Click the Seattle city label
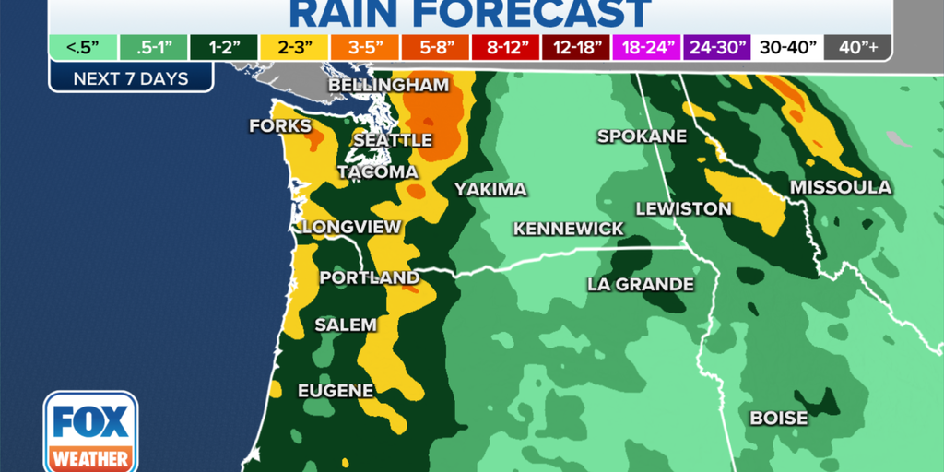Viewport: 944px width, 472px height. point(394,140)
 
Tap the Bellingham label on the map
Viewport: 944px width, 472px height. point(388,86)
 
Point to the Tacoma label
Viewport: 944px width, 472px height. point(377,172)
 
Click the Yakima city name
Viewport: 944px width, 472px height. point(490,190)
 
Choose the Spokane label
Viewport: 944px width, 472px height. point(643,136)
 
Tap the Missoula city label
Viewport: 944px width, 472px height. point(841,188)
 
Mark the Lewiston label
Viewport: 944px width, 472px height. point(684,209)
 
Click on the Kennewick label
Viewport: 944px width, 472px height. point(569,229)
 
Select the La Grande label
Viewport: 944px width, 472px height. point(641,284)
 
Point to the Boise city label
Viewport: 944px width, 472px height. point(779,419)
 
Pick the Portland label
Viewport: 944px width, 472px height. point(369,277)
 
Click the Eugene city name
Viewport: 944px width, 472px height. point(336,391)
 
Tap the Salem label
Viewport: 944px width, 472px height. point(346,324)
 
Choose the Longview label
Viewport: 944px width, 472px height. point(351,227)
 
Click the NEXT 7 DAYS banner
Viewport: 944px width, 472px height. point(131,78)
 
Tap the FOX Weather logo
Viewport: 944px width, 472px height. point(90,431)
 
